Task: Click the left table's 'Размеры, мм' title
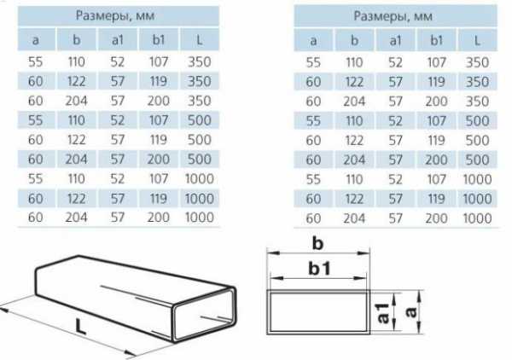[115, 15]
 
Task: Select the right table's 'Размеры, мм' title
[393, 16]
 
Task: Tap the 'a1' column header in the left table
[118, 40]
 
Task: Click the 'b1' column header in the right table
[437, 40]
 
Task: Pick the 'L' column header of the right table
[477, 40]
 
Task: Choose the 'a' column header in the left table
[36, 40]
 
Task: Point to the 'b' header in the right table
[355, 40]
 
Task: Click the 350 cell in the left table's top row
[199, 61]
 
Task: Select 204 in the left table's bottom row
[76, 218]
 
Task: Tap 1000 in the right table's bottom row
[477, 218]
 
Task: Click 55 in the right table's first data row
[313, 62]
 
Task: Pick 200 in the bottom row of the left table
[159, 218]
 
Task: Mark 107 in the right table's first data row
[437, 62]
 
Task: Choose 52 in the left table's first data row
[118, 61]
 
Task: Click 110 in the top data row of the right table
[355, 62]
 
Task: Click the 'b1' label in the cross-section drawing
[319, 269]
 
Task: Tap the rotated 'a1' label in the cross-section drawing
[383, 313]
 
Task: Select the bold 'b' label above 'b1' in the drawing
[317, 243]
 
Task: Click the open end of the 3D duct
[204, 314]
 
